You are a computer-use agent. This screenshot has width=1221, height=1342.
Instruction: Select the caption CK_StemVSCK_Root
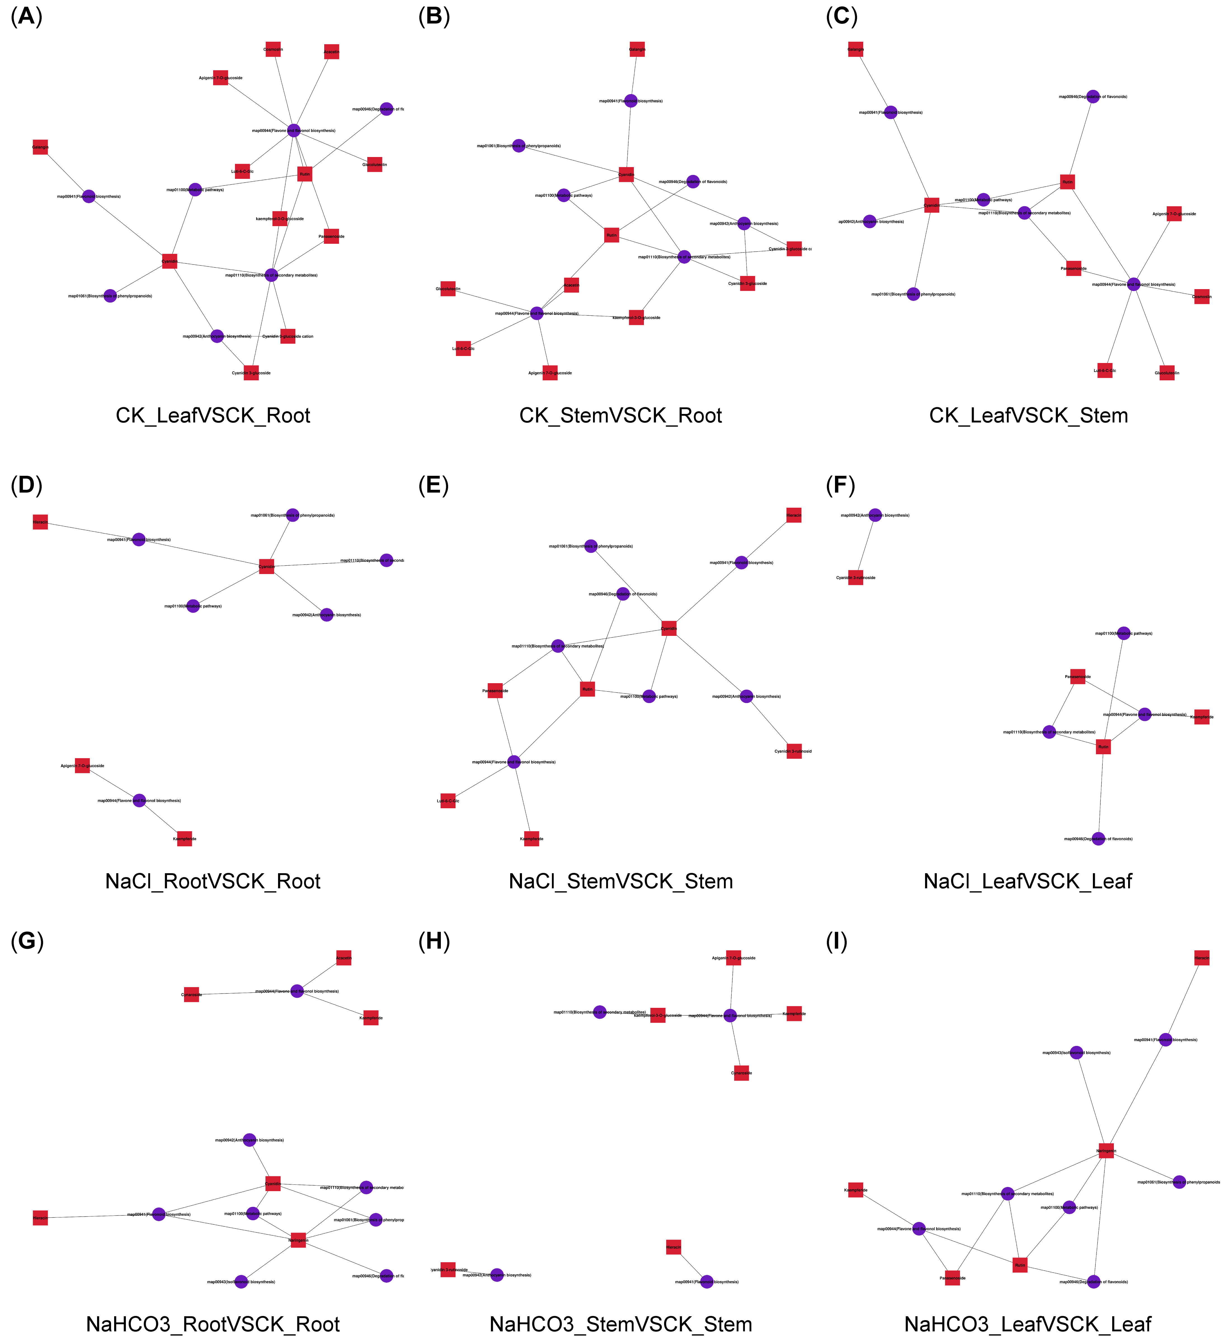620,415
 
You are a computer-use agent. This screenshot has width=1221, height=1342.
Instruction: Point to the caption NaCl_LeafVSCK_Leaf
1027,881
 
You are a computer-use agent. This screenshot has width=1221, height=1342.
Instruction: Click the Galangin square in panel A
41,147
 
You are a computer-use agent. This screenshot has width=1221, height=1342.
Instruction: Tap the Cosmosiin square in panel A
273,49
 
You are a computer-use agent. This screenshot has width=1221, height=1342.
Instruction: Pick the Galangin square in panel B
637,49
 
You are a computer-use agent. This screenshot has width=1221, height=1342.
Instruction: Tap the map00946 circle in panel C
1093,97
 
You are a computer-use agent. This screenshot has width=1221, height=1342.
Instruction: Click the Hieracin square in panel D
41,522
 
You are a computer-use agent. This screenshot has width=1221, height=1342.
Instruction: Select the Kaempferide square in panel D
184,839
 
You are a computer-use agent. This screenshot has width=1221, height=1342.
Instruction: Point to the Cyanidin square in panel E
669,628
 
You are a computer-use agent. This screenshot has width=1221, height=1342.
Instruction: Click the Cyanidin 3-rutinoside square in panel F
856,577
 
